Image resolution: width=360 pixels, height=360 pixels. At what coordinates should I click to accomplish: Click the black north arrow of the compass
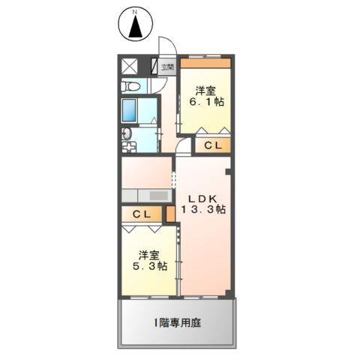tap(136, 28)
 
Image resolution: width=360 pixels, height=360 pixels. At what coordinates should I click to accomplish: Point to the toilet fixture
tap(133, 85)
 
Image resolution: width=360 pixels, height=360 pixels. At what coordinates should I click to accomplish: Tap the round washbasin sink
tap(127, 135)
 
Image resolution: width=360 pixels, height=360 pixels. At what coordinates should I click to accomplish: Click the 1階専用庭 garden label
tap(177, 323)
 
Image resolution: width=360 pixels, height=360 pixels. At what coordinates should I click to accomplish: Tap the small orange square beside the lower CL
tap(170, 214)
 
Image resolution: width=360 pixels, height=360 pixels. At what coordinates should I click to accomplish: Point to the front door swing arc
tap(167, 46)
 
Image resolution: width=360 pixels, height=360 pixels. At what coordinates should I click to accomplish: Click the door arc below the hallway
tap(184, 148)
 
